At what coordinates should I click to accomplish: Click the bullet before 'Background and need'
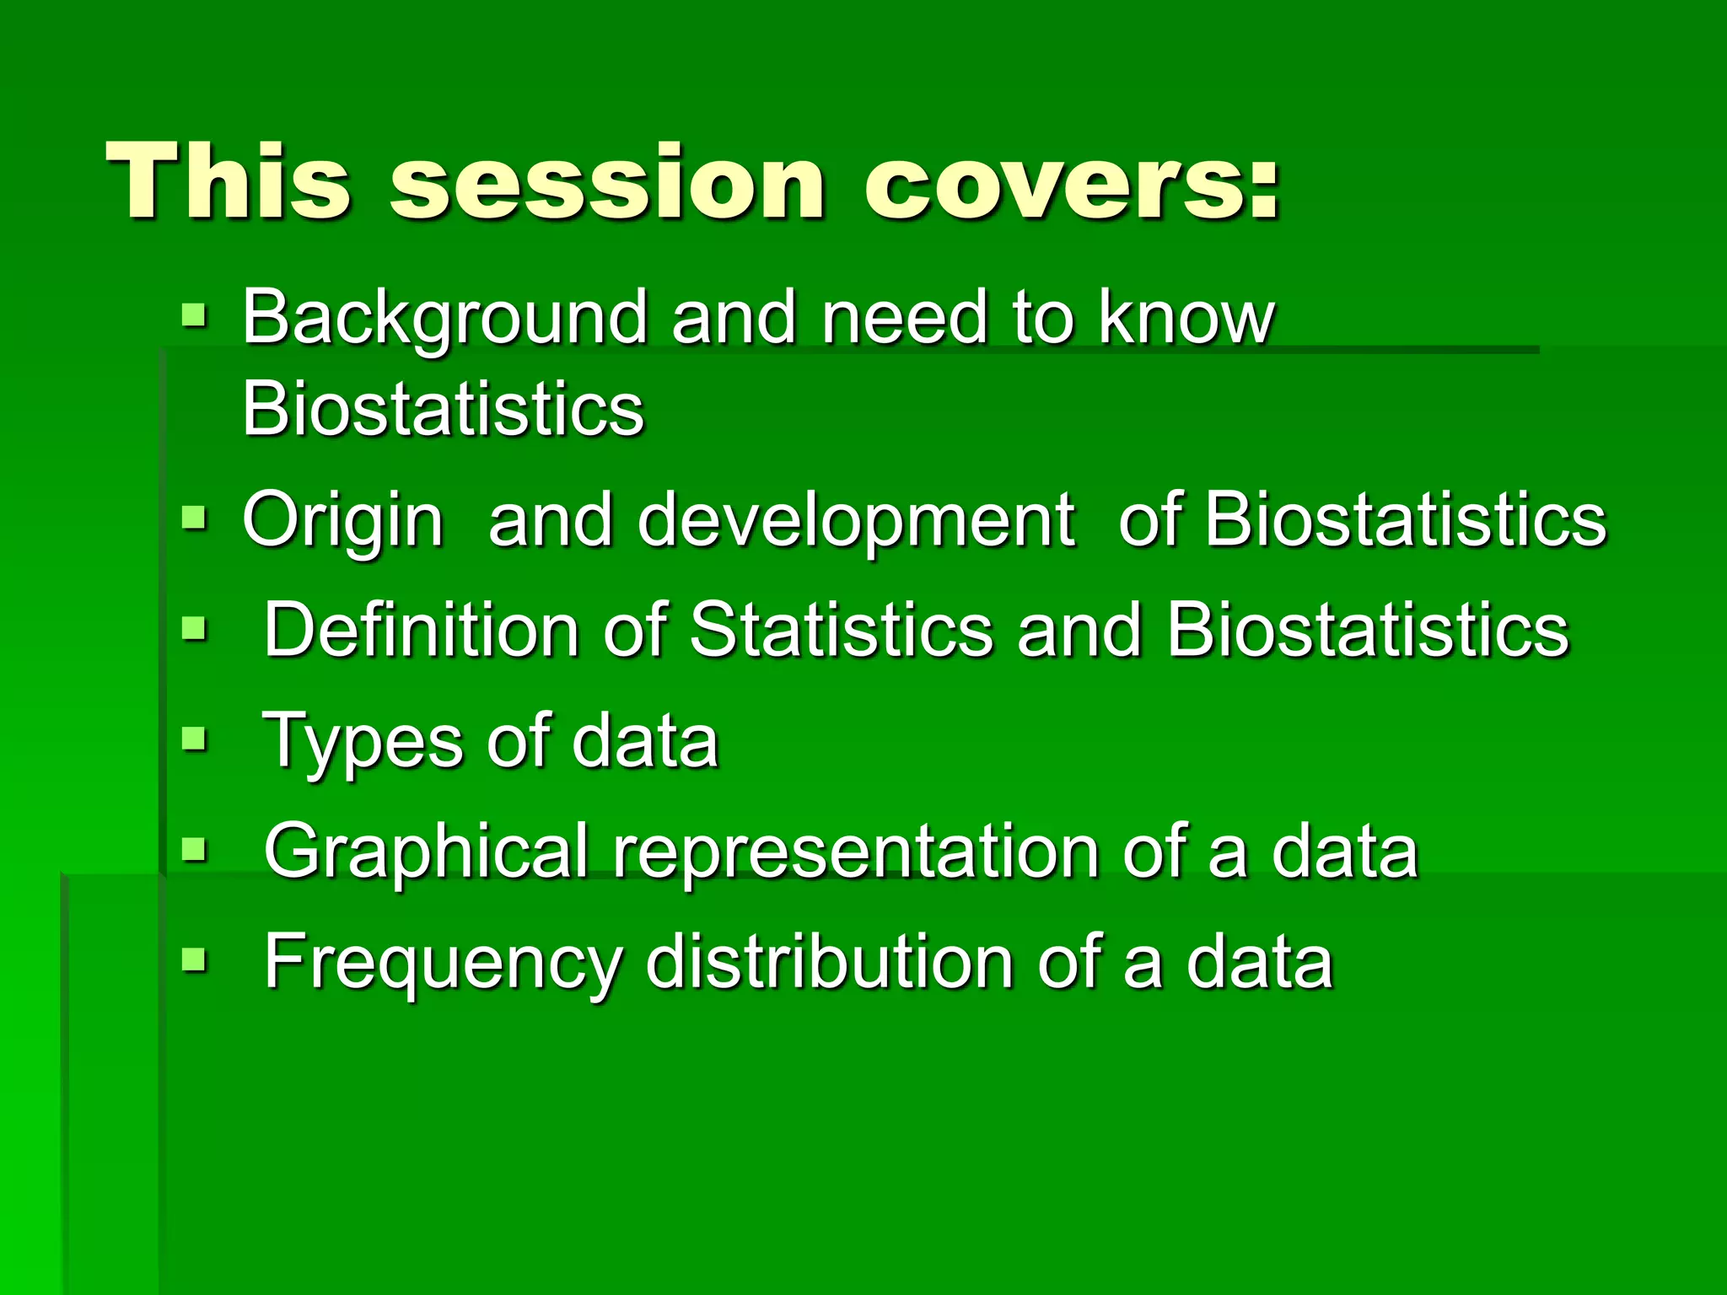coord(194,317)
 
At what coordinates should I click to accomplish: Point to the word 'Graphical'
coord(426,852)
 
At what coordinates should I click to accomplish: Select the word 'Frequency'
coord(444,963)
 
